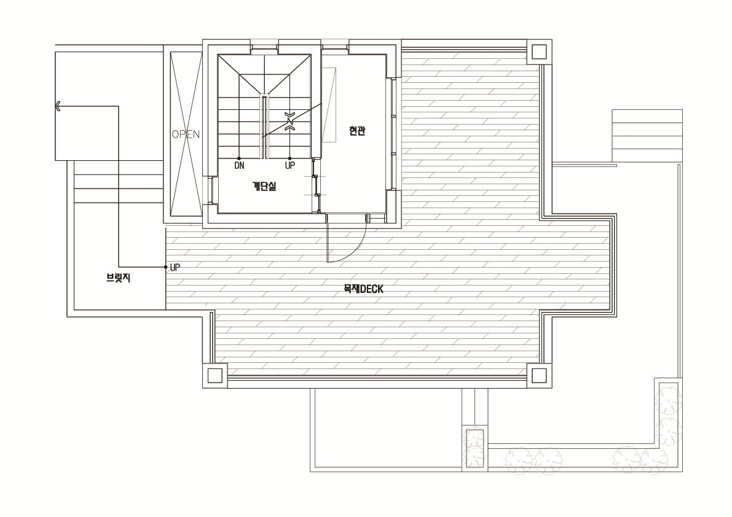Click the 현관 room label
pyautogui.click(x=357, y=131)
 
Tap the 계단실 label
pyautogui.click(x=264, y=186)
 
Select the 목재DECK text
pyautogui.click(x=363, y=289)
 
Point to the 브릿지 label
pyautogui.click(x=118, y=278)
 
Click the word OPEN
pyautogui.click(x=186, y=134)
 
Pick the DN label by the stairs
pyautogui.click(x=239, y=166)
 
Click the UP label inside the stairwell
pyautogui.click(x=290, y=166)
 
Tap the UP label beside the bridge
pyautogui.click(x=175, y=268)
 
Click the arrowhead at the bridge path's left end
pyautogui.click(x=58, y=106)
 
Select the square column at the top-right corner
pyautogui.click(x=539, y=52)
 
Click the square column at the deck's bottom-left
pyautogui.click(x=214, y=375)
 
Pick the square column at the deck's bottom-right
pyautogui.click(x=539, y=375)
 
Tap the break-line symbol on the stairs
pyautogui.click(x=290, y=121)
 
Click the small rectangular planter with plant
pyautogui.click(x=474, y=447)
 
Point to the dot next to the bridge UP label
pyautogui.click(x=166, y=267)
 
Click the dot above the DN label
pyautogui.click(x=239, y=158)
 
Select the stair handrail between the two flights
pyautogui.click(x=264, y=127)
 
